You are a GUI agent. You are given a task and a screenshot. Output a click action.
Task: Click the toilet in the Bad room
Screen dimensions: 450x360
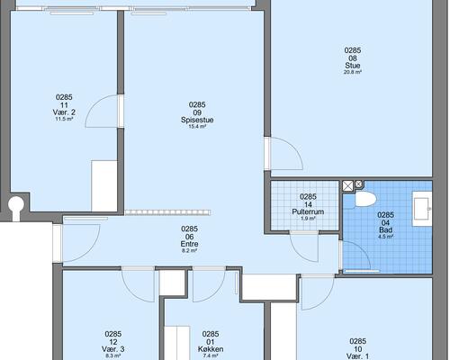tap(365, 199)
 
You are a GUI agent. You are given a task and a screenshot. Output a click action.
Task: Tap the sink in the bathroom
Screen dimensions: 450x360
tap(422, 209)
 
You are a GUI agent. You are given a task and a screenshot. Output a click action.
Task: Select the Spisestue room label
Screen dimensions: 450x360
tap(197, 120)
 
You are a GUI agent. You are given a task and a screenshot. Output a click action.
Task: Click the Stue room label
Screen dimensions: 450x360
tap(353, 66)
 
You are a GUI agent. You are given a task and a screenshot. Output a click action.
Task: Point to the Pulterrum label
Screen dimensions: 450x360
tap(308, 211)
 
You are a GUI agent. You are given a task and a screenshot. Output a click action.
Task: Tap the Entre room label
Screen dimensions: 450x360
tap(189, 244)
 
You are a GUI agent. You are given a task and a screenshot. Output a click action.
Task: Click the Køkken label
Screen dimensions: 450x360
tap(211, 349)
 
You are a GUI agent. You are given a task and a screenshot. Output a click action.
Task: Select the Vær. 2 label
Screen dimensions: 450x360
tap(64, 112)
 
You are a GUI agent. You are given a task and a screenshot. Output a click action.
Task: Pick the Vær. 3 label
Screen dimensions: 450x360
tap(113, 349)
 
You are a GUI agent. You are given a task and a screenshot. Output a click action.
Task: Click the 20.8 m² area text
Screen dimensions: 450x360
tap(353, 72)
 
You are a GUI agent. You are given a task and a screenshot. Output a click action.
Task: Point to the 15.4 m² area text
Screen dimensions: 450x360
tap(197, 127)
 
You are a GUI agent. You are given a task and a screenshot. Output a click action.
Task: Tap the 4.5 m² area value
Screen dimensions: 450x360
tap(385, 237)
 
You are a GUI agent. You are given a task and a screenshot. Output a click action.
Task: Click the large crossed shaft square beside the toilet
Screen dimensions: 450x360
tap(348, 185)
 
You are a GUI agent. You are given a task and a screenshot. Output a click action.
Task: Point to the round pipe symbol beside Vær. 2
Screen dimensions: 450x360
tap(15, 204)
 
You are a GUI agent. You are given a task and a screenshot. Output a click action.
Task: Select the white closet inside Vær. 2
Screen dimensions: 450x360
tap(104, 186)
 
